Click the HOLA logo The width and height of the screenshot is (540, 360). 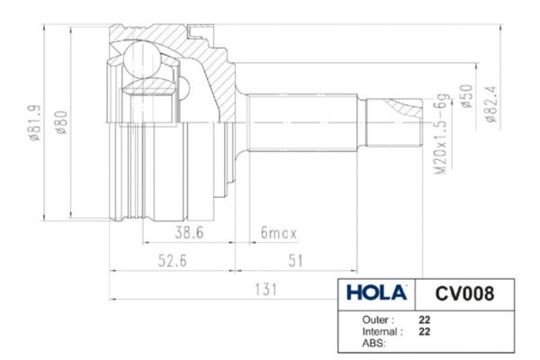376,292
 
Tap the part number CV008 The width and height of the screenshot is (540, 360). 464,294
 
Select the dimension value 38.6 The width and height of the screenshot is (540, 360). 189,232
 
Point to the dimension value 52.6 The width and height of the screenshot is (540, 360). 173,260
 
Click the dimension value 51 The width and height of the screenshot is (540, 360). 295,261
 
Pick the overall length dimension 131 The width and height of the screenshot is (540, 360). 265,290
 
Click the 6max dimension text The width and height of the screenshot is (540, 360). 279,233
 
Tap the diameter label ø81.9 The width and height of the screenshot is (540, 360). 35,123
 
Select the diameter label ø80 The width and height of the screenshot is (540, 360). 61,122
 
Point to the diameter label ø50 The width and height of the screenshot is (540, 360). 466,96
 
